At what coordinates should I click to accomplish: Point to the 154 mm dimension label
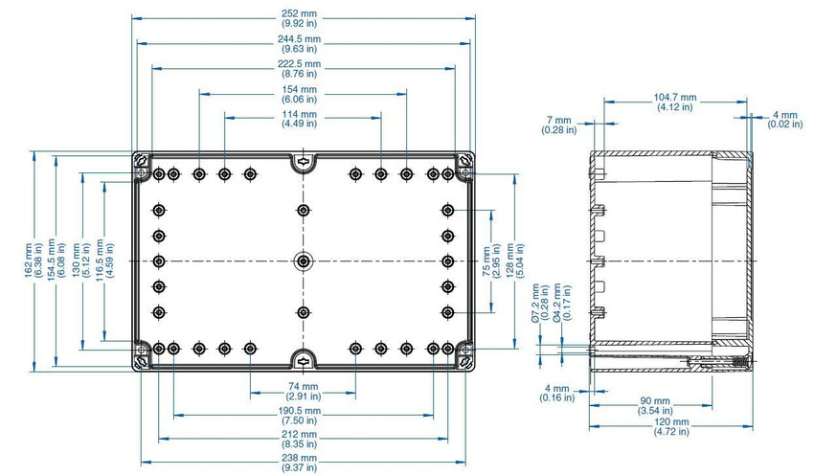[299, 94]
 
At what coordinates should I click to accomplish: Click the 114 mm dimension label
[299, 119]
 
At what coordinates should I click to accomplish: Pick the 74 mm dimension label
[304, 391]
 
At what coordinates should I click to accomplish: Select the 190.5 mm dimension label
[299, 416]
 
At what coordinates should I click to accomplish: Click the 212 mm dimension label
[299, 439]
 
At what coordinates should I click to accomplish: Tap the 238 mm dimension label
[299, 463]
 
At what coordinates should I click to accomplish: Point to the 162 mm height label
[34, 261]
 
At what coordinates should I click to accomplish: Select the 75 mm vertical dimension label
[491, 261]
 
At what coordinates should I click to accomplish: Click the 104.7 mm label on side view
[675, 102]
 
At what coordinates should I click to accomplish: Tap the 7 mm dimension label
[558, 125]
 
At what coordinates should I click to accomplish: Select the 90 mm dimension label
[655, 406]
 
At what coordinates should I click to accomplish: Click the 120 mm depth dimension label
[671, 427]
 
